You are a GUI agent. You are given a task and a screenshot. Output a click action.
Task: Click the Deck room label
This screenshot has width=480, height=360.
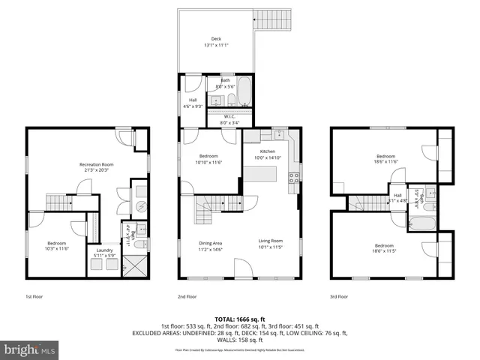(216, 39)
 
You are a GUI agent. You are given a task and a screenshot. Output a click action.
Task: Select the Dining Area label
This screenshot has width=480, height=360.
(210, 243)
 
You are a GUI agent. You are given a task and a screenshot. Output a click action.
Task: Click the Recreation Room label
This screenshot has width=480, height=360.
(97, 164)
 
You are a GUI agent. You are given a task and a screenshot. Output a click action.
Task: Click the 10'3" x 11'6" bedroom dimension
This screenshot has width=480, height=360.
(58, 248)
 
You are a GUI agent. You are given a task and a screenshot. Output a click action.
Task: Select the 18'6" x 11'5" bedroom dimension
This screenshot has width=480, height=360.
(384, 251)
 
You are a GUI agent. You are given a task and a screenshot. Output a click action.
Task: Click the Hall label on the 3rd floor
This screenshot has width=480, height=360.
(397, 195)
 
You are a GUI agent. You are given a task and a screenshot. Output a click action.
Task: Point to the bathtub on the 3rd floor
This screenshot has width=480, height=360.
(418, 222)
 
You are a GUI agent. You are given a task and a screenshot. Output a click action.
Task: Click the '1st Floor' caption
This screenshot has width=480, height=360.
(34, 296)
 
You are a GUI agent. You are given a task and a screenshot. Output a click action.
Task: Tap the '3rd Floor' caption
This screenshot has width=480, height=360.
(339, 296)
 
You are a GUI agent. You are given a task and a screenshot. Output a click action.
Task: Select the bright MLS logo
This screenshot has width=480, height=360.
(30, 349)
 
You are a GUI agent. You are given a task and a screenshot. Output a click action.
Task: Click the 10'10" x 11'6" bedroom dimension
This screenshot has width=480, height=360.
(209, 162)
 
